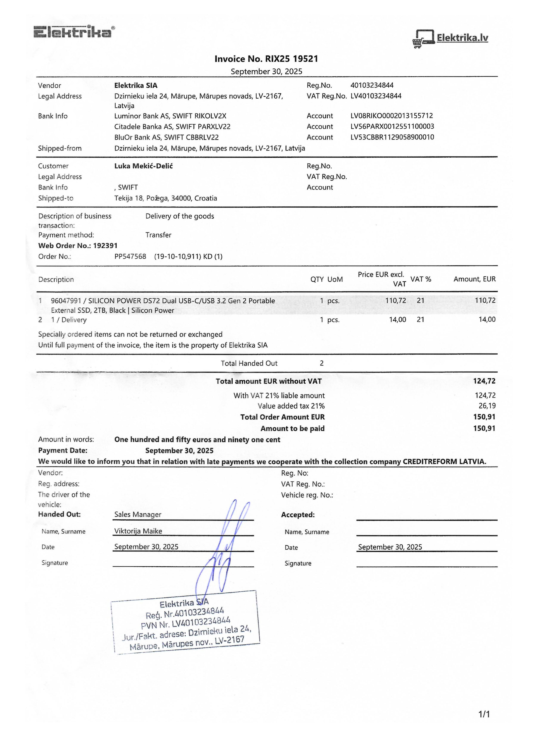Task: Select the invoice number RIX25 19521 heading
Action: click(x=266, y=59)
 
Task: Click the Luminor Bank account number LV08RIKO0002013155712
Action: click(x=392, y=116)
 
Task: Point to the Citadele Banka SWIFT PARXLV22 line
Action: click(x=172, y=127)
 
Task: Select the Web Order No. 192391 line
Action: click(x=78, y=246)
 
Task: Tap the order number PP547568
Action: click(x=130, y=256)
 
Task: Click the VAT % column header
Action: click(x=421, y=279)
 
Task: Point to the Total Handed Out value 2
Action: click(x=322, y=363)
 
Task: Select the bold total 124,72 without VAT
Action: click(x=484, y=381)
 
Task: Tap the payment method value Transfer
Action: click(x=158, y=235)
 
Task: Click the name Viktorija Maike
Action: click(x=138, y=531)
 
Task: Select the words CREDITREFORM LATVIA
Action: click(x=444, y=462)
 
